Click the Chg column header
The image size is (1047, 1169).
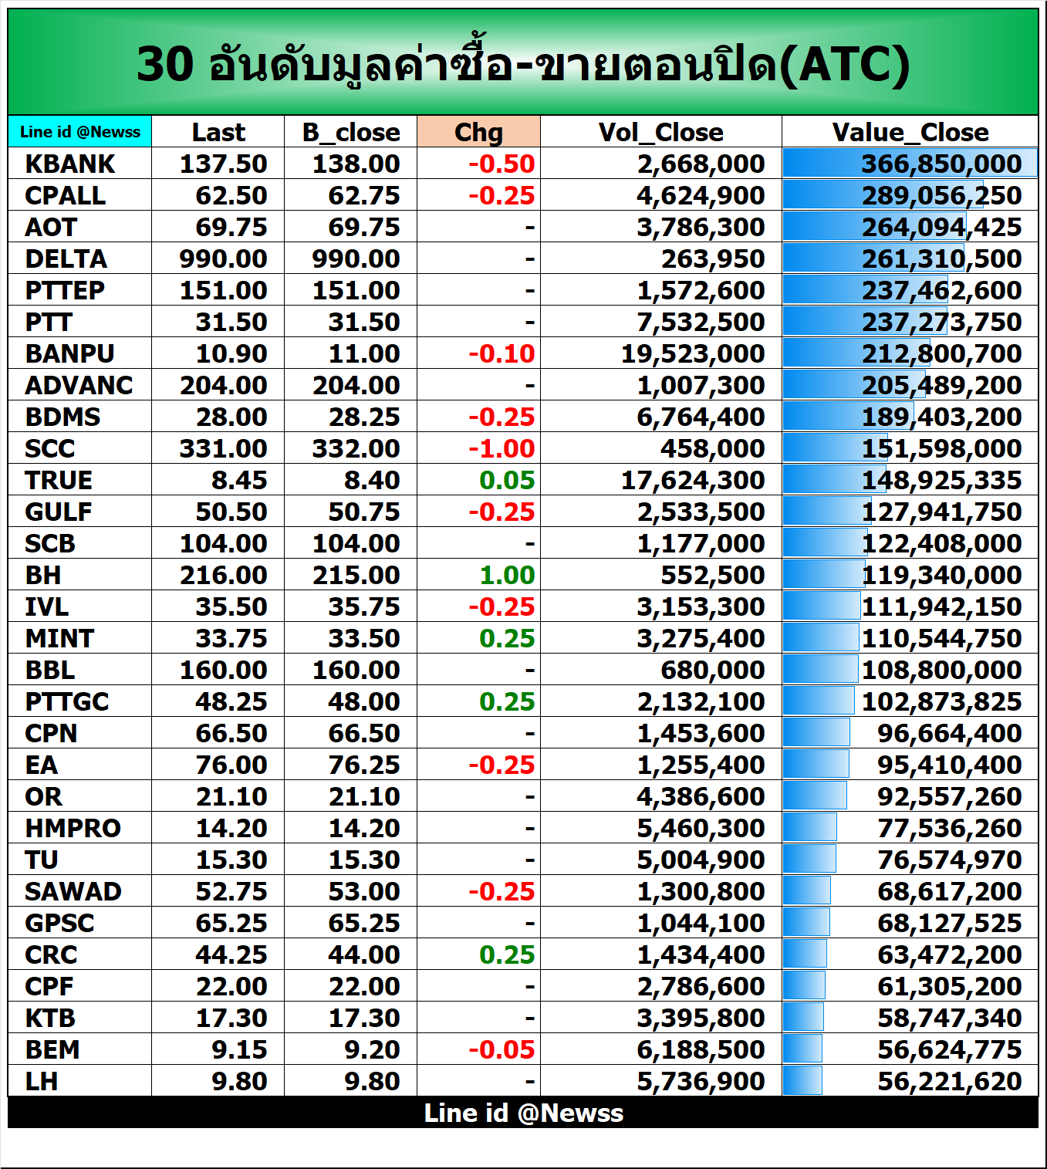pos(478,132)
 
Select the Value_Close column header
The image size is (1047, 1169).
pos(910,132)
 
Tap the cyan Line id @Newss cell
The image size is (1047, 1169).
pos(80,132)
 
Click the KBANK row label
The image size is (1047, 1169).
pos(70,164)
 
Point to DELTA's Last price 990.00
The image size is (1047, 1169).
pos(223,258)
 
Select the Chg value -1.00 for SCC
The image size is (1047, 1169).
pos(502,448)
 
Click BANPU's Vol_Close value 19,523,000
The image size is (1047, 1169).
pos(693,353)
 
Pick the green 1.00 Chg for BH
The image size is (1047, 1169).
pos(507,575)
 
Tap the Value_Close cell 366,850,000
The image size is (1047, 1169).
pos(941,164)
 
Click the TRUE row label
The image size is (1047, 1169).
pos(59,480)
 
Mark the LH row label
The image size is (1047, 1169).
pos(42,1081)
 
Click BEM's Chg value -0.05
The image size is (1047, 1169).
pos(502,1049)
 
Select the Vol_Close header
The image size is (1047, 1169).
pos(660,132)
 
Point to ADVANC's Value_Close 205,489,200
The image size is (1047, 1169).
pos(941,385)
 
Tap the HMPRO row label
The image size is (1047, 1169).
pos(73,828)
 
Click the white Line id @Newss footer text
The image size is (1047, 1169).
pos(523,1113)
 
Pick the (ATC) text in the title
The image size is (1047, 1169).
pos(844,64)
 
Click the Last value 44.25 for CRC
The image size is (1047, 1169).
pos(231,954)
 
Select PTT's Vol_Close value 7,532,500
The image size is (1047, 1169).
pos(701,322)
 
